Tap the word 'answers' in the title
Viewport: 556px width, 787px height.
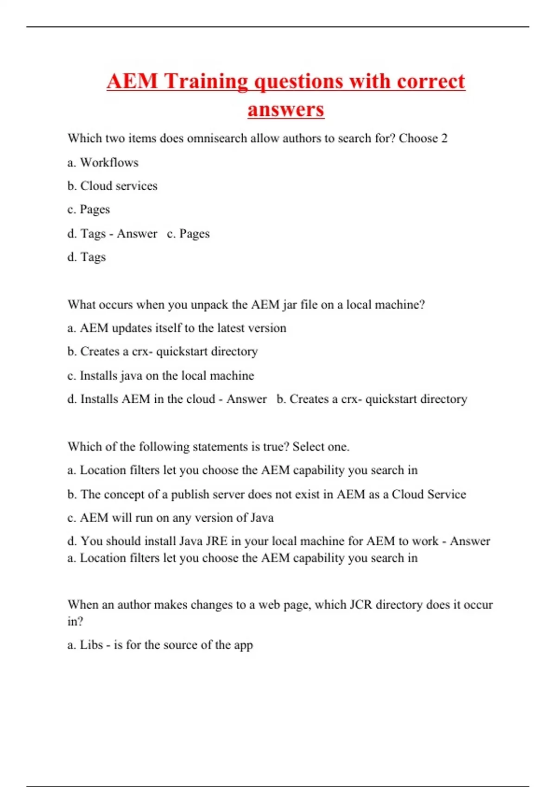285,110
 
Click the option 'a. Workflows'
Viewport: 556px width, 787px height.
103,162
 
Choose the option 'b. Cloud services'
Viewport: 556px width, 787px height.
112,186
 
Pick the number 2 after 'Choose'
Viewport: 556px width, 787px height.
444,138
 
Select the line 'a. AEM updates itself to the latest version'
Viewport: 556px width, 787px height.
177,328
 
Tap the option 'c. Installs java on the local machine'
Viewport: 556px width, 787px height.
161,375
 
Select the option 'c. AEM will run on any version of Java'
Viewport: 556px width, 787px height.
171,518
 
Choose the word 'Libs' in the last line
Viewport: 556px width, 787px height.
91,645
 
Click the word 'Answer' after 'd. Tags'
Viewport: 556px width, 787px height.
137,234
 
